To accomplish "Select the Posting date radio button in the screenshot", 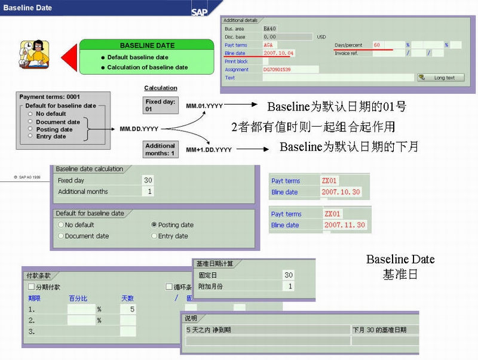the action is point(155,225).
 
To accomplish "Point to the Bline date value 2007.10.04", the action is point(278,53).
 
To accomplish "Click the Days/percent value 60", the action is point(377,45).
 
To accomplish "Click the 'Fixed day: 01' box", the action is point(161,106).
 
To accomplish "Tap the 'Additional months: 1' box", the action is point(160,149).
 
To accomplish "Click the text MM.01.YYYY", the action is point(204,106).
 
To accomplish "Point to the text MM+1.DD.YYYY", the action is point(209,149).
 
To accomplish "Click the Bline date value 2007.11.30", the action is point(345,225).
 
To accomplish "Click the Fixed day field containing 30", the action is point(148,180).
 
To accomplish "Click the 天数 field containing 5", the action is point(128,309).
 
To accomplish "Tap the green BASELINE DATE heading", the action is point(147,45).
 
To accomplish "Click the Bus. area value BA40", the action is point(270,28).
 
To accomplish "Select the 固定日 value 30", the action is point(289,275).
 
